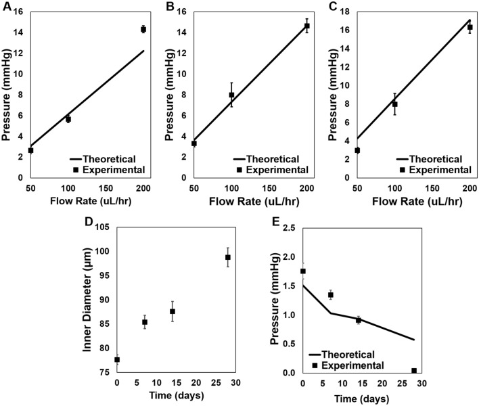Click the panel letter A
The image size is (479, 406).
[5, 7]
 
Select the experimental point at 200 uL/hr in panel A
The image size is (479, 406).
[143, 29]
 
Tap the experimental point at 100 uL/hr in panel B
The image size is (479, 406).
[231, 95]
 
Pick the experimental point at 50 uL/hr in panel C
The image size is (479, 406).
[357, 150]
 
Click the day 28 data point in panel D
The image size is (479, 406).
[227, 257]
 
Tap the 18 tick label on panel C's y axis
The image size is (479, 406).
[342, 12]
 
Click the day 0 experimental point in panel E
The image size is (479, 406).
[303, 271]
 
